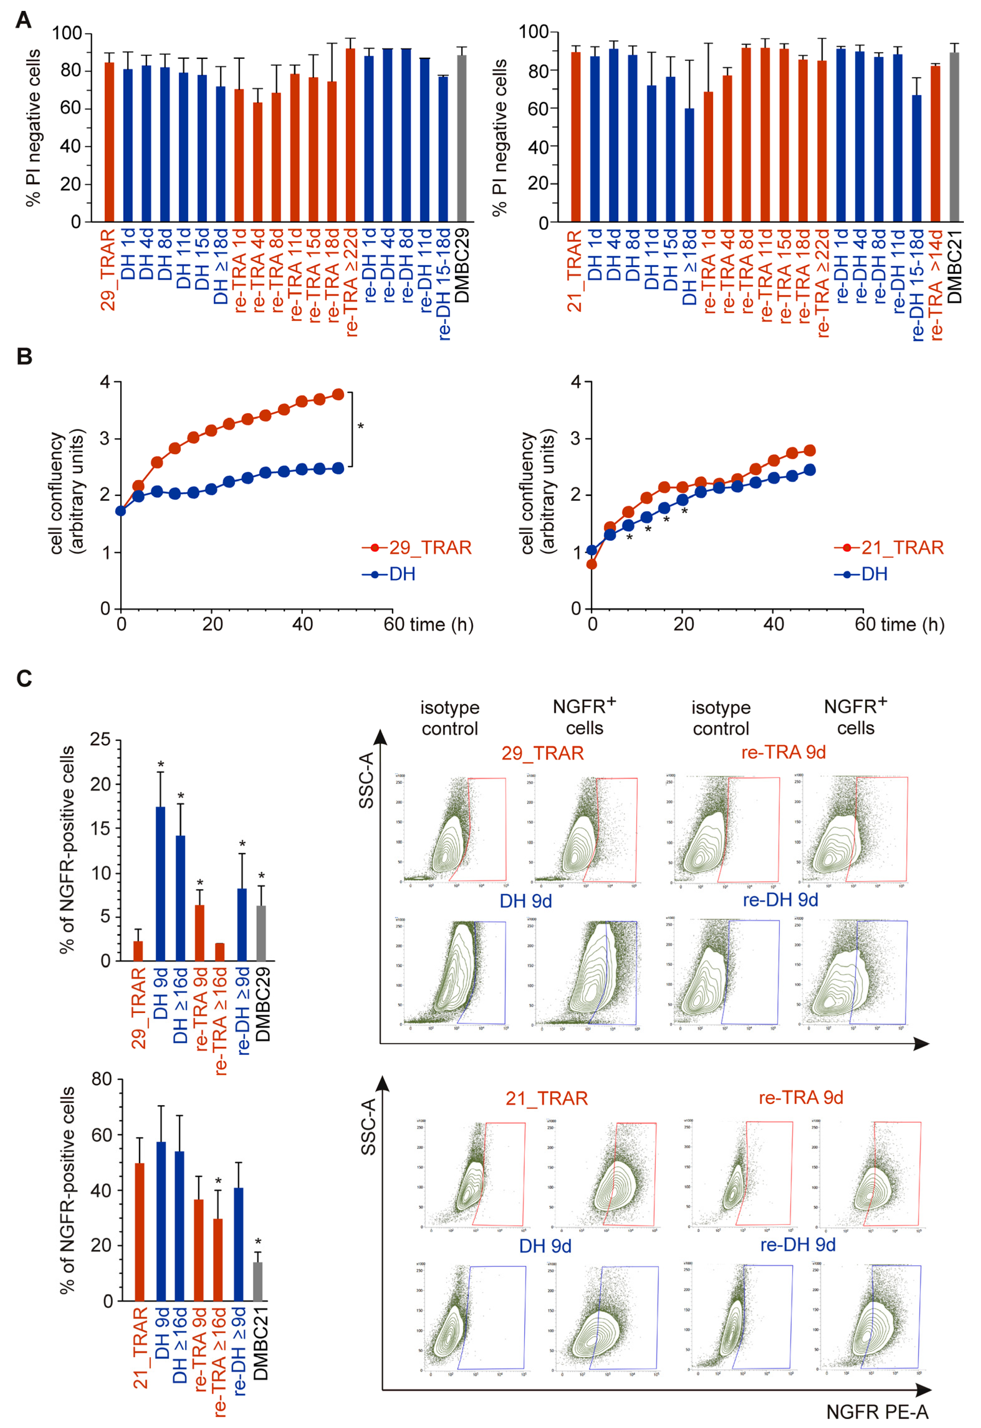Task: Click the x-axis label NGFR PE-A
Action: [877, 1411]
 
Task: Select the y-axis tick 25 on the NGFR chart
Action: [100, 740]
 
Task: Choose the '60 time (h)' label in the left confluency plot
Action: [428, 625]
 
